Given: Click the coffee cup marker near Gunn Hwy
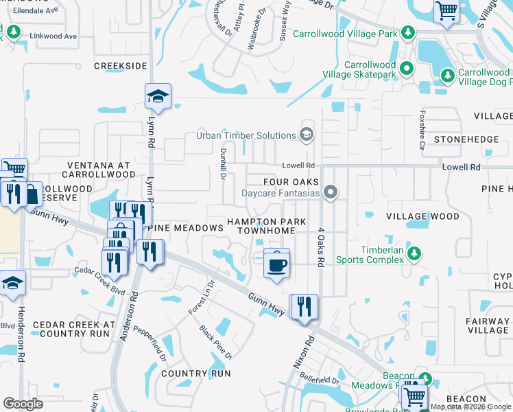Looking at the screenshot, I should click(x=276, y=264).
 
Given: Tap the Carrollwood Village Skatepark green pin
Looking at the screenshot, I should click(x=407, y=67).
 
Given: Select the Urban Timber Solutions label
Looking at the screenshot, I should click(x=246, y=135).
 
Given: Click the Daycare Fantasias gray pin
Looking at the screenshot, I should click(x=331, y=193).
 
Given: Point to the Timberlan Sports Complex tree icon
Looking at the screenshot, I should click(x=414, y=255).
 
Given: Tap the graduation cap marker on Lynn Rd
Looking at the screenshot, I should click(x=158, y=97).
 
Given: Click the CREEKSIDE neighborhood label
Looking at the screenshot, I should click(x=121, y=65).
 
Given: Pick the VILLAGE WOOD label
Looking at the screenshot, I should click(x=422, y=216).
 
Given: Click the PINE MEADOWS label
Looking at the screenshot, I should click(x=186, y=227).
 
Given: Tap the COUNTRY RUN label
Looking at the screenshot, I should click(x=196, y=373).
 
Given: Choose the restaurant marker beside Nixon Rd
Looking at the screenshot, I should click(x=302, y=307).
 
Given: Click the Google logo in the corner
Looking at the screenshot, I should click(x=23, y=404).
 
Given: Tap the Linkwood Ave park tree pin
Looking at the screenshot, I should click(x=12, y=33).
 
